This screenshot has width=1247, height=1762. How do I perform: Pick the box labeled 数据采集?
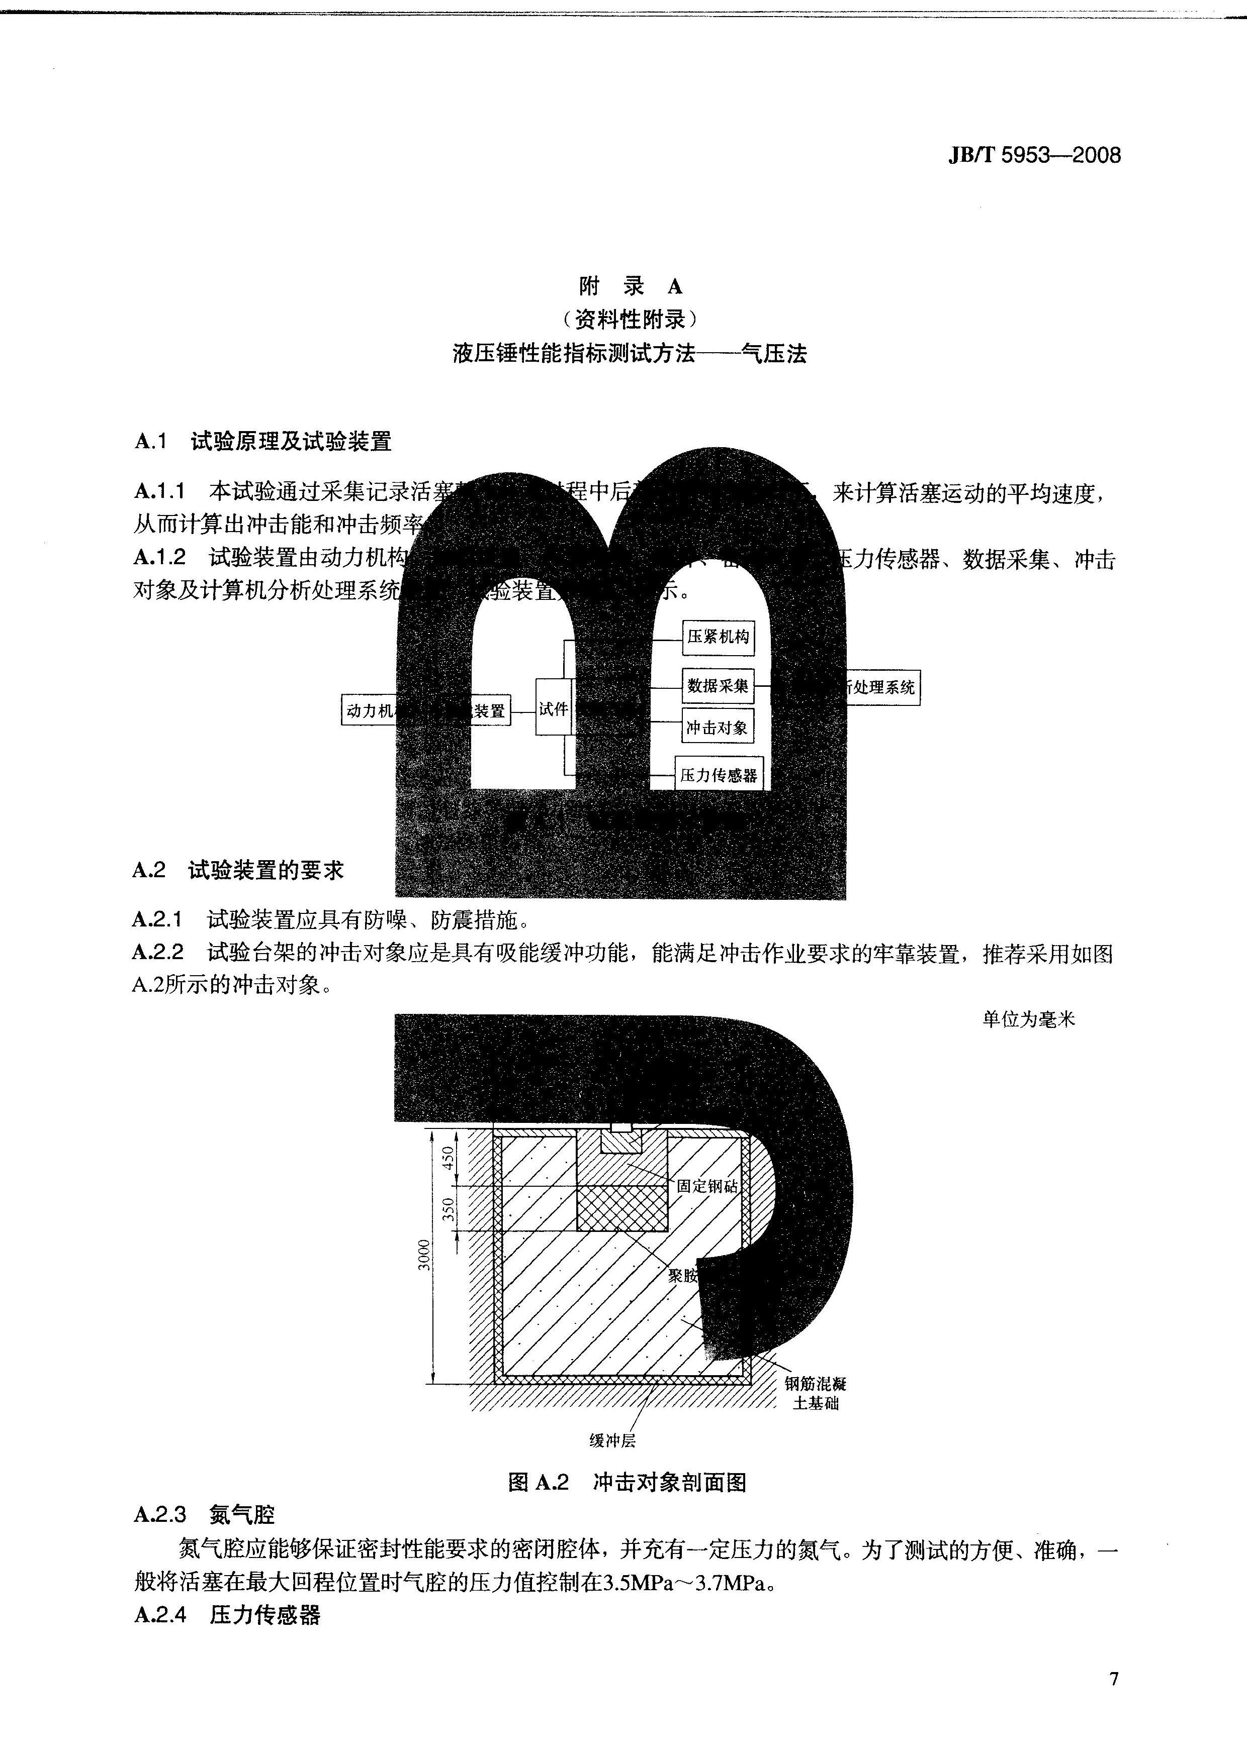(x=717, y=685)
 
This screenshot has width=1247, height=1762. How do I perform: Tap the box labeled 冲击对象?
(x=717, y=727)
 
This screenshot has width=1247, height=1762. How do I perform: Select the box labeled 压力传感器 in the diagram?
(x=719, y=775)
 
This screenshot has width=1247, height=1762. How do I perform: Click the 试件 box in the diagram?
(x=554, y=708)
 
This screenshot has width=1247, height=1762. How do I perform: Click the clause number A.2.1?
(x=158, y=918)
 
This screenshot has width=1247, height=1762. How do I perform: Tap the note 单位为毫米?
(x=1029, y=1019)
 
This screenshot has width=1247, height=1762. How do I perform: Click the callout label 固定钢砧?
(x=706, y=1186)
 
